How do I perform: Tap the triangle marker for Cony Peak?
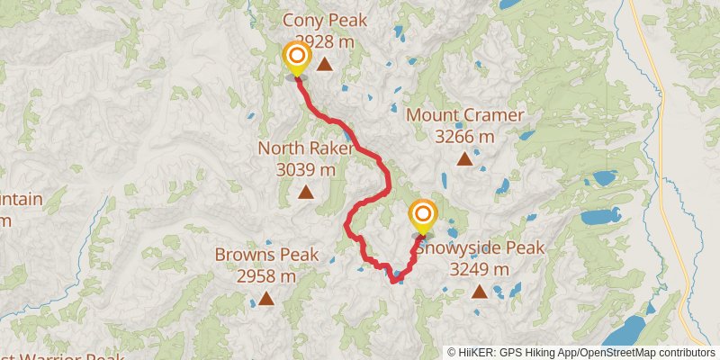(x=324, y=64)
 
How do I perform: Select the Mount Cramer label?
(x=463, y=115)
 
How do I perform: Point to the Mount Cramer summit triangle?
(x=464, y=159)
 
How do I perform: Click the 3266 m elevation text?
(x=463, y=137)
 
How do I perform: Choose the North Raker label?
(x=305, y=148)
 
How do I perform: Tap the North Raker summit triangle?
(x=306, y=191)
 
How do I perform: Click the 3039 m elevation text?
(x=305, y=168)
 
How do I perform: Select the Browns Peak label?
(x=266, y=255)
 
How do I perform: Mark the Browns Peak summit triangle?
(x=266, y=299)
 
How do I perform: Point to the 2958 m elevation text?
(x=266, y=276)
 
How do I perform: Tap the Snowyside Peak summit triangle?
(x=480, y=291)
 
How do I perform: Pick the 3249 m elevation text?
(x=479, y=269)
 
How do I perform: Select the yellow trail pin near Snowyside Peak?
(x=422, y=217)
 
